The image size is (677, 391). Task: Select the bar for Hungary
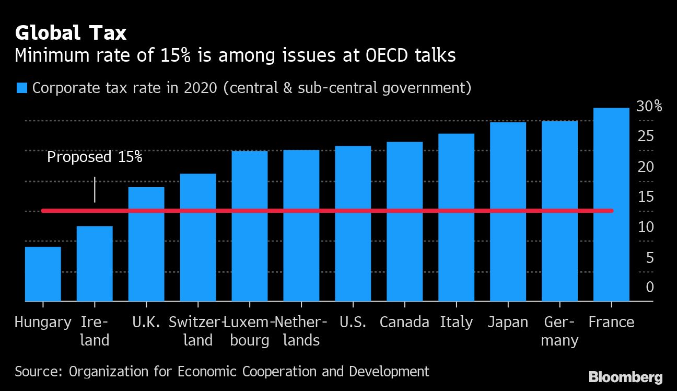43,274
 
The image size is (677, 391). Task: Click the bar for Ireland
95,263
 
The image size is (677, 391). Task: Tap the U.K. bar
146,244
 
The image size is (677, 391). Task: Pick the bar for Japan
508,212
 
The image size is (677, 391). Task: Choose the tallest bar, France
611,204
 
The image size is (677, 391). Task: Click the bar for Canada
404,222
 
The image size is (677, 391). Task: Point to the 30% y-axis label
649,107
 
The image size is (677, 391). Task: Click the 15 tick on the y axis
646,197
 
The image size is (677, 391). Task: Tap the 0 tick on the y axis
649,287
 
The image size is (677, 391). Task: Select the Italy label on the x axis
456,322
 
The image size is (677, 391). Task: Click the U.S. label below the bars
353,322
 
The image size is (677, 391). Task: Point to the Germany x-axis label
559,331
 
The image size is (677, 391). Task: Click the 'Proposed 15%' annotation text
95,157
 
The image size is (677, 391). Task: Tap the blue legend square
21,88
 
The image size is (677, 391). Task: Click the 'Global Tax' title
71,33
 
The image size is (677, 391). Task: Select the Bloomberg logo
625,377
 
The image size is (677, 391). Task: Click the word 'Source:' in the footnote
39,372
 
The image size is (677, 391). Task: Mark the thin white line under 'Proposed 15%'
95,189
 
